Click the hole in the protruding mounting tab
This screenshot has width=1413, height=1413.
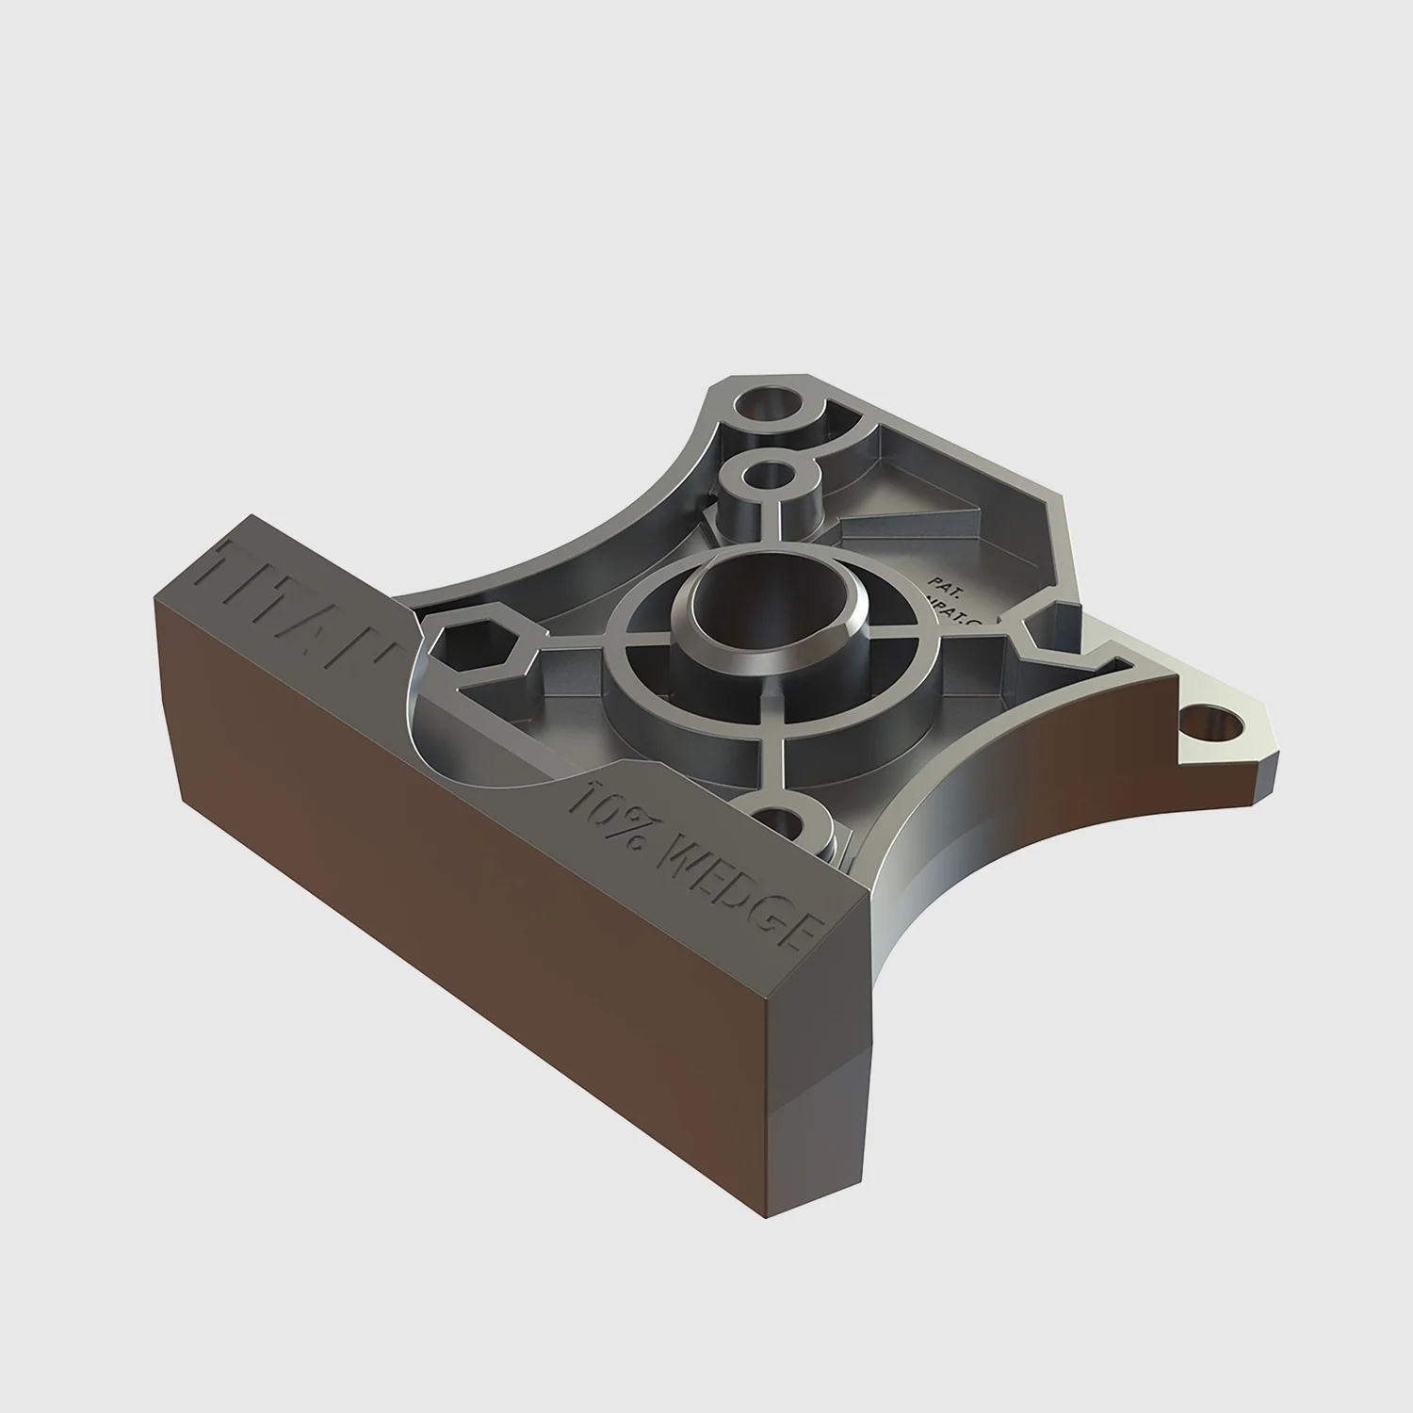coord(1215,725)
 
